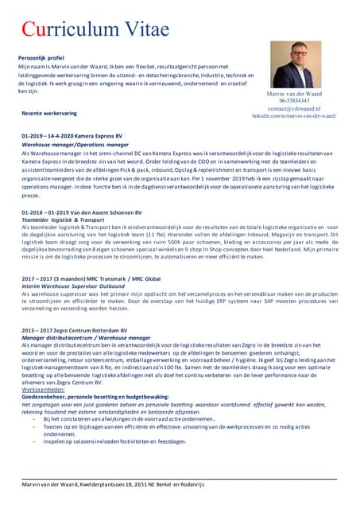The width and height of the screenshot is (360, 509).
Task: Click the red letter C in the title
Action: click(29, 29)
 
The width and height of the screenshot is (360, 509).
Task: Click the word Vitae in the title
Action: click(146, 29)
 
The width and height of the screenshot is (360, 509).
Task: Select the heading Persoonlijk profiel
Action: click(45, 58)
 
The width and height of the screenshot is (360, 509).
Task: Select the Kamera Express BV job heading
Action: click(72, 138)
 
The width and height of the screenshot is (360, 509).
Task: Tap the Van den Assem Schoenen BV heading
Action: click(82, 213)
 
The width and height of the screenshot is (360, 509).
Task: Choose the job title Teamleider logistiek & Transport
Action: click(64, 220)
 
